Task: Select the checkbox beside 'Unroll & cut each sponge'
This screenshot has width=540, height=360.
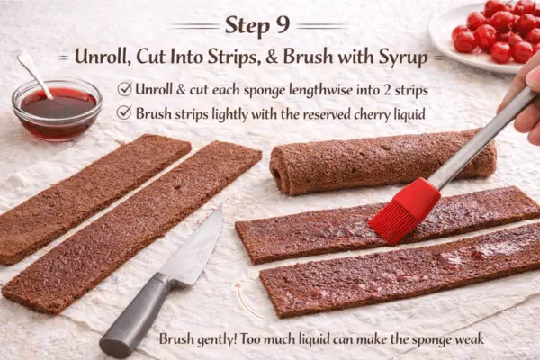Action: pos(124,89)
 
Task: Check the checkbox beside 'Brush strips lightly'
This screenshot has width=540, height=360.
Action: pos(124,113)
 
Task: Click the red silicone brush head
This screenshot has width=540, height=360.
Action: pos(404,211)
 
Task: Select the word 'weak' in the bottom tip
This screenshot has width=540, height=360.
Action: pos(466,339)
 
